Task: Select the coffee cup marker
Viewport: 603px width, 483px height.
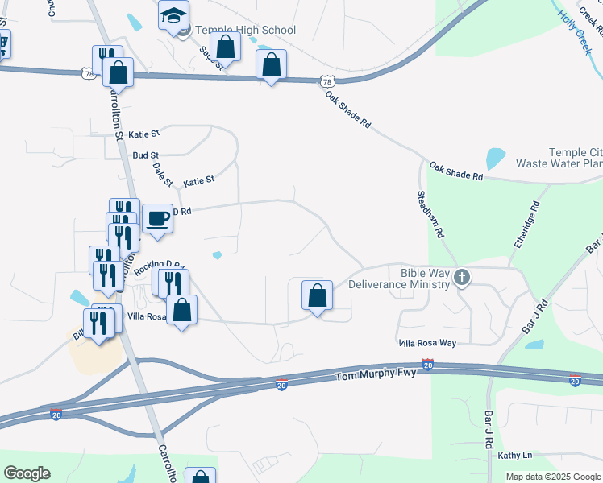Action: point(157,219)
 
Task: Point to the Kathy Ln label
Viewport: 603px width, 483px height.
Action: point(515,456)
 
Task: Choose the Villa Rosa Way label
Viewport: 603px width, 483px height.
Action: point(427,343)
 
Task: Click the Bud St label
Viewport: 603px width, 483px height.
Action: point(146,155)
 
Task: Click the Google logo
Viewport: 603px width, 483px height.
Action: point(27,473)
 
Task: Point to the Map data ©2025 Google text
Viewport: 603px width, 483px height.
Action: point(552,477)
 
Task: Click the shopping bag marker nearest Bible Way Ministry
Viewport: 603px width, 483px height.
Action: point(318,295)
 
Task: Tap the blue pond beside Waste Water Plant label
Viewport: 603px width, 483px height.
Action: point(494,158)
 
